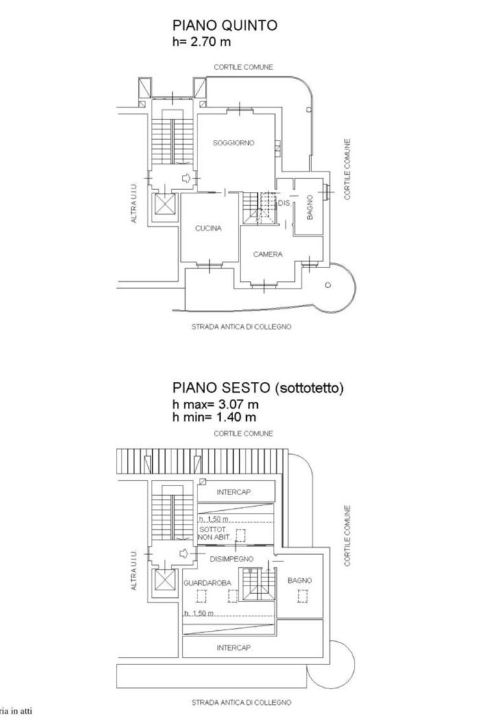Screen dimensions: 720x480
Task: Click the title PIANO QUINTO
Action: point(225,26)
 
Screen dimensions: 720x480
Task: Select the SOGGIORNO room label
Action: point(233,143)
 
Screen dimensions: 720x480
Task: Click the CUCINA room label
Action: point(208,229)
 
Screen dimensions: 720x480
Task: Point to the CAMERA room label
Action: point(267,254)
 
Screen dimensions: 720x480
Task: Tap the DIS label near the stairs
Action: point(284,203)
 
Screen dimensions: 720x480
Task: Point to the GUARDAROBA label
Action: point(207,581)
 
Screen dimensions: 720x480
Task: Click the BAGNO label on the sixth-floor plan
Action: point(299,580)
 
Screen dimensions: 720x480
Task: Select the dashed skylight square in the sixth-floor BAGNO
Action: point(301,597)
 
